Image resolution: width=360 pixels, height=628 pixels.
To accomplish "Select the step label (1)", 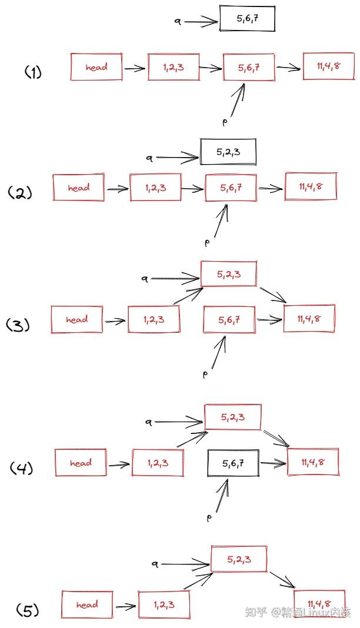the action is click(34, 72).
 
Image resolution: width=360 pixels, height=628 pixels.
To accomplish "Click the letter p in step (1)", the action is click(225, 122).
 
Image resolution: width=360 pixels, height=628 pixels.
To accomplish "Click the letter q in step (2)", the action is click(150, 159).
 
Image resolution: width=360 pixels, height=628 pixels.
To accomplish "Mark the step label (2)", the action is click(19, 193).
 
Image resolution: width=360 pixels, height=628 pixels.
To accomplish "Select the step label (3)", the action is click(18, 325).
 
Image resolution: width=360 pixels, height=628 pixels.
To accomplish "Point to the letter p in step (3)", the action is click(205, 375).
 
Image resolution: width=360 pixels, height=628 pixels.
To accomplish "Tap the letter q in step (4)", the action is click(149, 422).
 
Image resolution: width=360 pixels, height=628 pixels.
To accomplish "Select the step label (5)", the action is click(28, 610).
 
